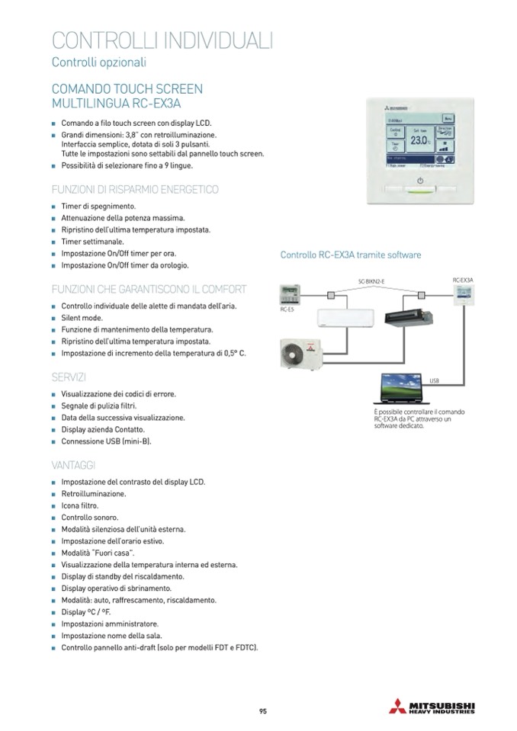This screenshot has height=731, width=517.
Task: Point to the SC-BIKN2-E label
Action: coord(371,282)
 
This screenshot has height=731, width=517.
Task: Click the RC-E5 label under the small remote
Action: coord(287,310)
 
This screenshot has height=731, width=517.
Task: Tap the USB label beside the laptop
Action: coord(434,379)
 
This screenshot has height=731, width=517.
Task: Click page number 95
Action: coord(262,712)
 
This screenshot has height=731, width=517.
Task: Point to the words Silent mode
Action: coord(82,318)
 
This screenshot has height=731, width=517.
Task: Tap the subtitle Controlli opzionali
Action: coord(98,62)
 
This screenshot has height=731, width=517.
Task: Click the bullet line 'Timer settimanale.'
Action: coord(95,242)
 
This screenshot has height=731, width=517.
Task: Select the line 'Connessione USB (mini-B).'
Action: coord(106,441)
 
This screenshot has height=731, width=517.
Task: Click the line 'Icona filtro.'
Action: coord(80,505)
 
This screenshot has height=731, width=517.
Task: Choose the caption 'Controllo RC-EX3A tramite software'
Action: coord(351,255)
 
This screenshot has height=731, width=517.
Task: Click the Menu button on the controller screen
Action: coord(448,119)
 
